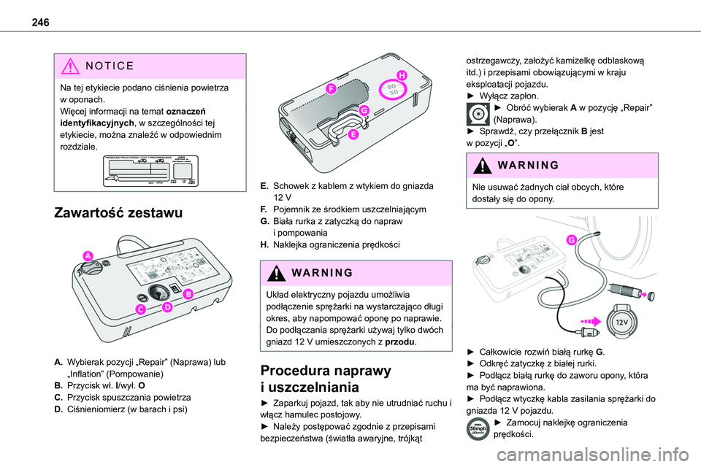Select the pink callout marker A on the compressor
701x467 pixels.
(x=88, y=255)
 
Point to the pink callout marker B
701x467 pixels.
(x=188, y=293)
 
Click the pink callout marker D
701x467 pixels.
(x=167, y=307)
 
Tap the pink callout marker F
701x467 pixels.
(x=331, y=88)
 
